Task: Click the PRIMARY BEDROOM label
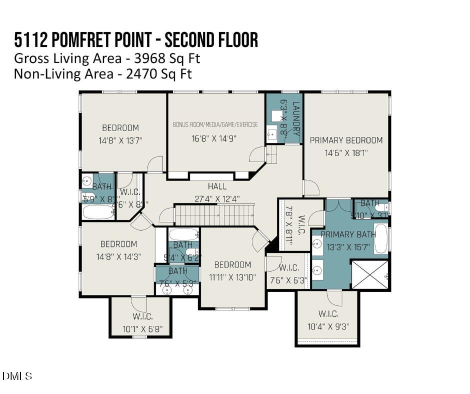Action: pyautogui.click(x=346, y=140)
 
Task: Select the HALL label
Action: pyautogui.click(x=217, y=186)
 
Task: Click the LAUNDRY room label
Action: pyautogui.click(x=296, y=118)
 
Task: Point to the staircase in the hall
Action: pyautogui.click(x=214, y=215)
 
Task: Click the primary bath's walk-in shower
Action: pyautogui.click(x=370, y=274)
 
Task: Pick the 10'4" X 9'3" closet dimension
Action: pyautogui.click(x=328, y=326)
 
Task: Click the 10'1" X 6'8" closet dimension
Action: pyautogui.click(x=142, y=329)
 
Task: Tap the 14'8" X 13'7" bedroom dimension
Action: pyautogui.click(x=120, y=140)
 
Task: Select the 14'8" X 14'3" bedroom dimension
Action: pyautogui.click(x=118, y=256)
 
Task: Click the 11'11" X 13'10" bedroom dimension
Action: pyautogui.click(x=232, y=276)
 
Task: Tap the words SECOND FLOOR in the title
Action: pyautogui.click(x=211, y=40)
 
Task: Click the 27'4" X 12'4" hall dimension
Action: pyautogui.click(x=217, y=198)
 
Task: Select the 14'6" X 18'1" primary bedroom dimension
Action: pyautogui.click(x=346, y=153)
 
